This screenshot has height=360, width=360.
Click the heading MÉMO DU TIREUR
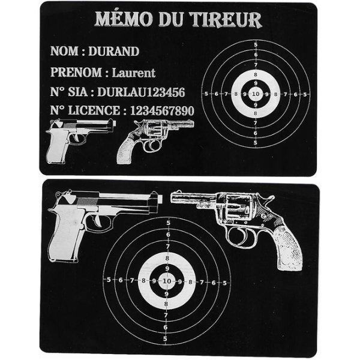click(x=178, y=19)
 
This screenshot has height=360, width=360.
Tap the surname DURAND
click(x=113, y=52)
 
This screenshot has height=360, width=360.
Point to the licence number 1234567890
click(x=163, y=111)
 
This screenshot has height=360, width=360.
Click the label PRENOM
click(x=76, y=73)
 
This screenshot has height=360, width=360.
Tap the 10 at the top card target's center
click(x=256, y=94)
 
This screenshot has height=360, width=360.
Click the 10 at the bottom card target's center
click(x=167, y=281)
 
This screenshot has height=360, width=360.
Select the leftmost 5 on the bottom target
click(x=108, y=281)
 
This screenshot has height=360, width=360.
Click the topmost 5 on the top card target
click(x=256, y=45)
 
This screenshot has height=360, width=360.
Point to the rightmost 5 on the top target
click(x=305, y=94)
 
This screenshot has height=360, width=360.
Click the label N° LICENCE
click(x=85, y=111)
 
